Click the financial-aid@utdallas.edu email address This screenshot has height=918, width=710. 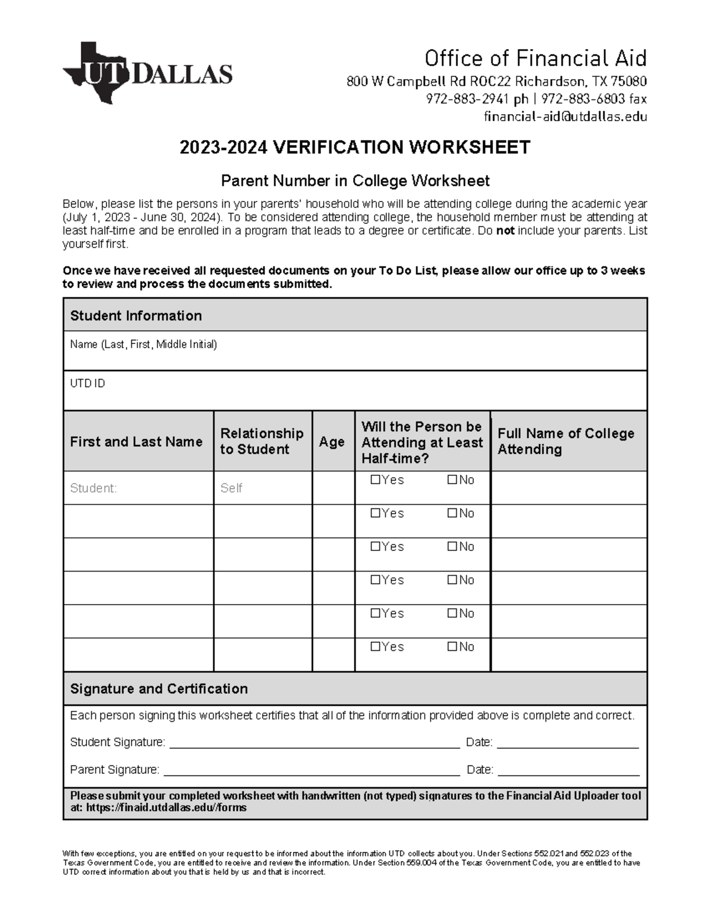[565, 116]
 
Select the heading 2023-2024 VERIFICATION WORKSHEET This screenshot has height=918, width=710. [355, 147]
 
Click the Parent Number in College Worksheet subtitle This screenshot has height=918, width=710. [355, 180]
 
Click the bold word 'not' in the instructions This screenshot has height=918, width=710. [505, 231]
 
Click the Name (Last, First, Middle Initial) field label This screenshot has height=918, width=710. [143, 344]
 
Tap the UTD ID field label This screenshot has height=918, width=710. [88, 384]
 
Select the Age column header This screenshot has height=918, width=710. [332, 442]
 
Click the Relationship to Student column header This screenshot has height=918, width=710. [262, 441]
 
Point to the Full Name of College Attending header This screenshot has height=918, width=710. [566, 441]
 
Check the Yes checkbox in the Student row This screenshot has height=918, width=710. [375, 480]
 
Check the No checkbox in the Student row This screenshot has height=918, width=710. [453, 480]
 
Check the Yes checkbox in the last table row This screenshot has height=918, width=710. [375, 647]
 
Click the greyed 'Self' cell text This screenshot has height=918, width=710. [231, 488]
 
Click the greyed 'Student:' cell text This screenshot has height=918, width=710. [93, 488]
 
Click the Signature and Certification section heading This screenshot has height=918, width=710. [159, 689]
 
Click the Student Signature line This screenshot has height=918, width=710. [314, 743]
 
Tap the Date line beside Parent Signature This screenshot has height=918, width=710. [568, 770]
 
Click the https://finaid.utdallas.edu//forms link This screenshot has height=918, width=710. [166, 807]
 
